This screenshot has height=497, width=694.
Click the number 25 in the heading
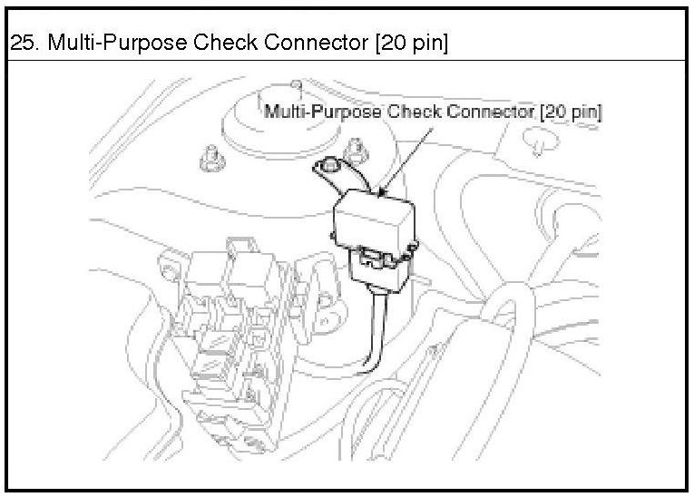click(19, 43)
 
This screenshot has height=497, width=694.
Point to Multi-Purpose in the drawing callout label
click(322, 112)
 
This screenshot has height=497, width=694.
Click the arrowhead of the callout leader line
click(385, 192)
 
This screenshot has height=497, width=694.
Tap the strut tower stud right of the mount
click(357, 145)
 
